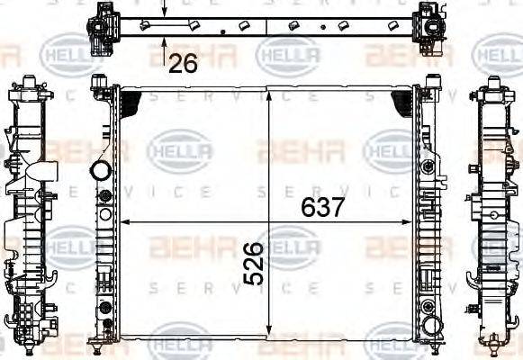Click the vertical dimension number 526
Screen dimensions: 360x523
click(256, 263)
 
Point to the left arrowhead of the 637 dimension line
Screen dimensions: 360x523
click(125, 221)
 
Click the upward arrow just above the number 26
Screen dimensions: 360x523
click(163, 41)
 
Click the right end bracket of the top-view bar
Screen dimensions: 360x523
click(429, 23)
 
